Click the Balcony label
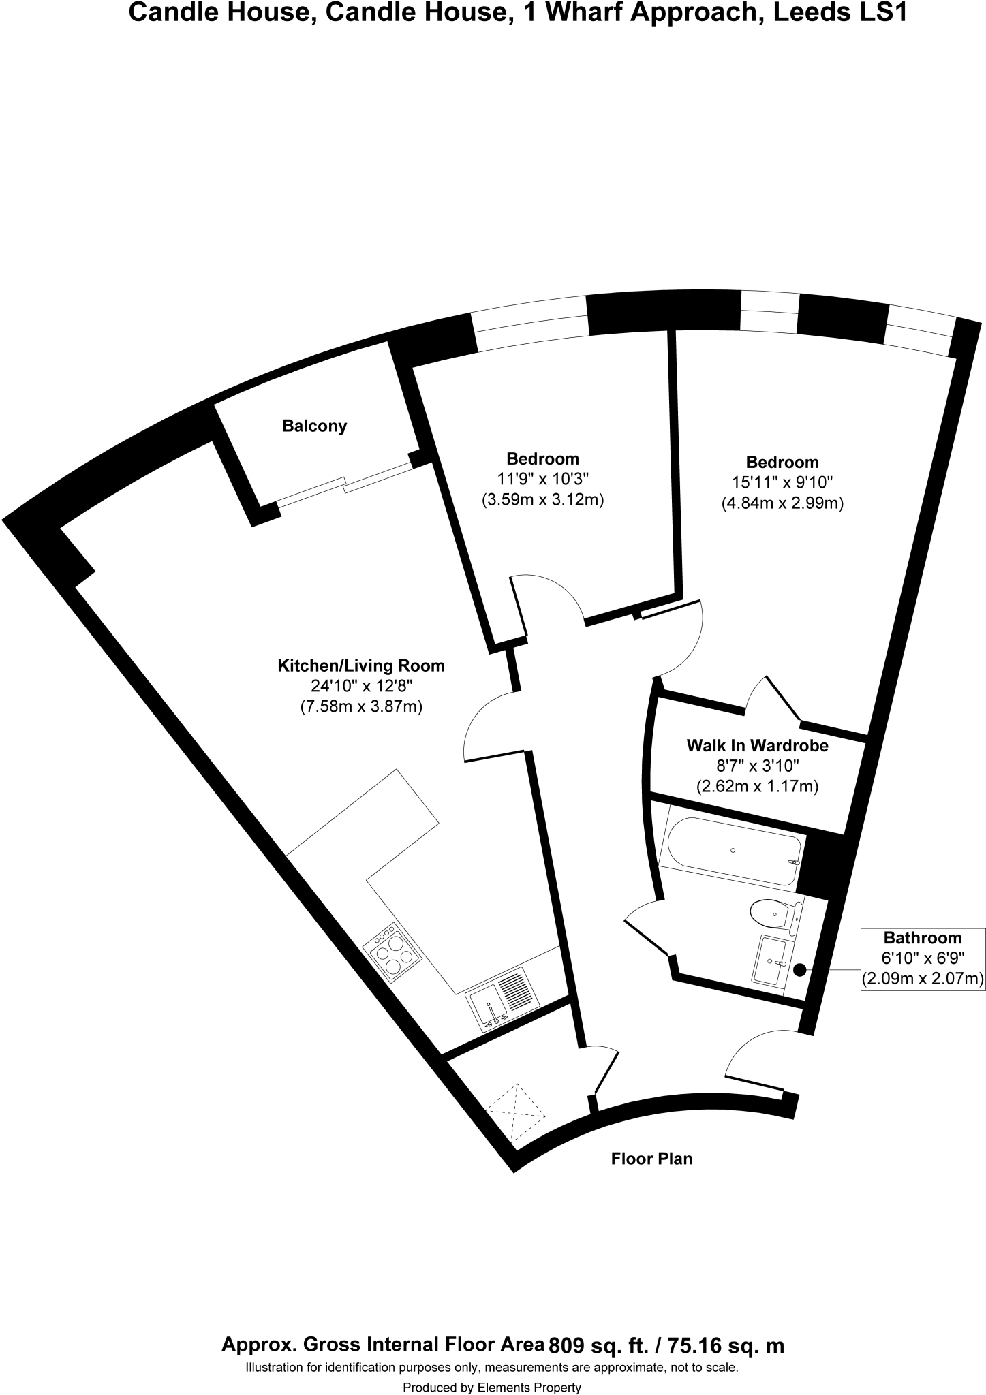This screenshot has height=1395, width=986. pyautogui.click(x=314, y=426)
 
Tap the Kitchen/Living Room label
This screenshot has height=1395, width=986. pyautogui.click(x=360, y=666)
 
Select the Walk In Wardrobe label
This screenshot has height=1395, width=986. pyautogui.click(x=757, y=746)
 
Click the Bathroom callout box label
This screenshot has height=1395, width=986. pyautogui.click(x=922, y=938)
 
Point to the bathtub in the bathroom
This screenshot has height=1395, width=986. pyautogui.click(x=733, y=851)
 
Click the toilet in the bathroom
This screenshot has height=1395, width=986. pyautogui.click(x=773, y=911)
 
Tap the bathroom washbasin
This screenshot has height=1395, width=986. pyautogui.click(x=770, y=960)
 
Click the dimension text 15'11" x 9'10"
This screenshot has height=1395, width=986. pyautogui.click(x=782, y=483)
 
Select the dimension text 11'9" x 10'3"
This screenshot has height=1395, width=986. pyautogui.click(x=542, y=479)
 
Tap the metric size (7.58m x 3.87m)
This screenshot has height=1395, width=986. pyautogui.click(x=361, y=707)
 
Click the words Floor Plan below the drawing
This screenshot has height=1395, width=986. pyautogui.click(x=651, y=1158)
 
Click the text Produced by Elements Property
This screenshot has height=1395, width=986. pyautogui.click(x=492, y=1387)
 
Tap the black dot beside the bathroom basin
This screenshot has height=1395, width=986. pyautogui.click(x=799, y=969)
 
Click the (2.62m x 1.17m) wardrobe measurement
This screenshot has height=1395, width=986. pyautogui.click(x=757, y=787)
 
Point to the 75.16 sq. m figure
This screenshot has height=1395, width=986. pyautogui.click(x=726, y=1345)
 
